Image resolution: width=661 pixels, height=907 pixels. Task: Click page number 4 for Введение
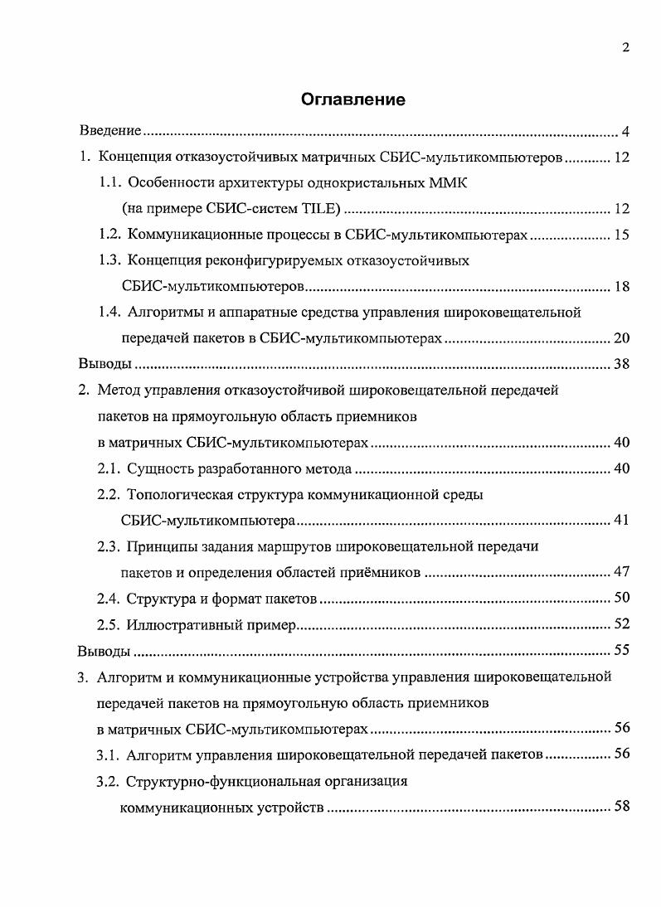click(x=626, y=132)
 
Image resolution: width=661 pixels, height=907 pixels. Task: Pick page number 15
click(x=621, y=235)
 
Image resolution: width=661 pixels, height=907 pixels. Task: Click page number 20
click(x=621, y=338)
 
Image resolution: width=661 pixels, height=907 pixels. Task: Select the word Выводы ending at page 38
click(x=104, y=364)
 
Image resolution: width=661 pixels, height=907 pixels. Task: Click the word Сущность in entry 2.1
click(x=158, y=468)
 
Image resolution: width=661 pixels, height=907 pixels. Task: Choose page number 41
click(x=621, y=521)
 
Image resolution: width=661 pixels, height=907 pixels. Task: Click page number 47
click(x=621, y=572)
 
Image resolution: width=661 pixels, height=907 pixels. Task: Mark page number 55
click(x=621, y=650)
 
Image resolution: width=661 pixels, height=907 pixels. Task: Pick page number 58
click(x=621, y=807)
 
